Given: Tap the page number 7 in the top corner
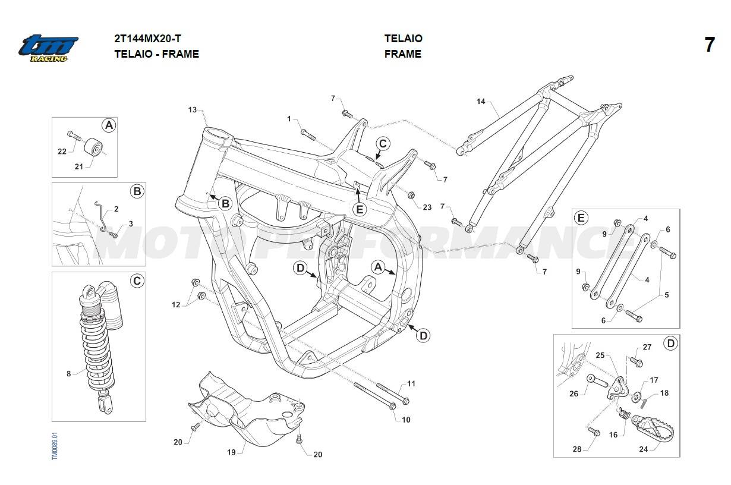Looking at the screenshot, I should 710,45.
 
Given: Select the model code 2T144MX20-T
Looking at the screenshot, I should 147,39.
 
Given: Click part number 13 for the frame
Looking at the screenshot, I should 192,110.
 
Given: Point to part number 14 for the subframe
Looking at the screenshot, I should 481,102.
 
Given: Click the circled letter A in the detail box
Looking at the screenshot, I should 108,125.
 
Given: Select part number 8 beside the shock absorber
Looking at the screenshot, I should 69,374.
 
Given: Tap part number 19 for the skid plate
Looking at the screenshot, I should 232,452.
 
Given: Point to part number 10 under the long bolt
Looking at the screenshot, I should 406,420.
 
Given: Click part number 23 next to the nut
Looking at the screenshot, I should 427,207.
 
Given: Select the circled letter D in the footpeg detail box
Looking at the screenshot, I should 670,344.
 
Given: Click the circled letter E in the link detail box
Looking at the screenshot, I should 581,218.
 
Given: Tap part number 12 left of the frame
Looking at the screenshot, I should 176,304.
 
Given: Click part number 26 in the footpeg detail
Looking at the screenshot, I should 574,393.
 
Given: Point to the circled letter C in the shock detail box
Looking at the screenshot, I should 137,281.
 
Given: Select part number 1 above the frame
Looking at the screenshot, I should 289,119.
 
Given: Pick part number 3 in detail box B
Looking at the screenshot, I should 131,223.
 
